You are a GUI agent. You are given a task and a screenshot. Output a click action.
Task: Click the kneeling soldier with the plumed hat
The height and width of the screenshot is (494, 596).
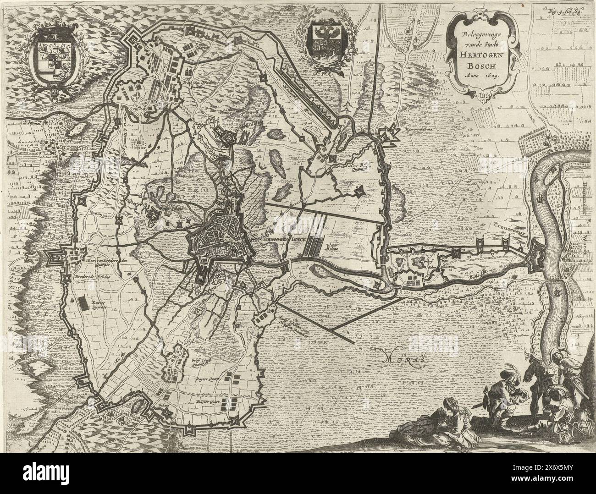(501, 398)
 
